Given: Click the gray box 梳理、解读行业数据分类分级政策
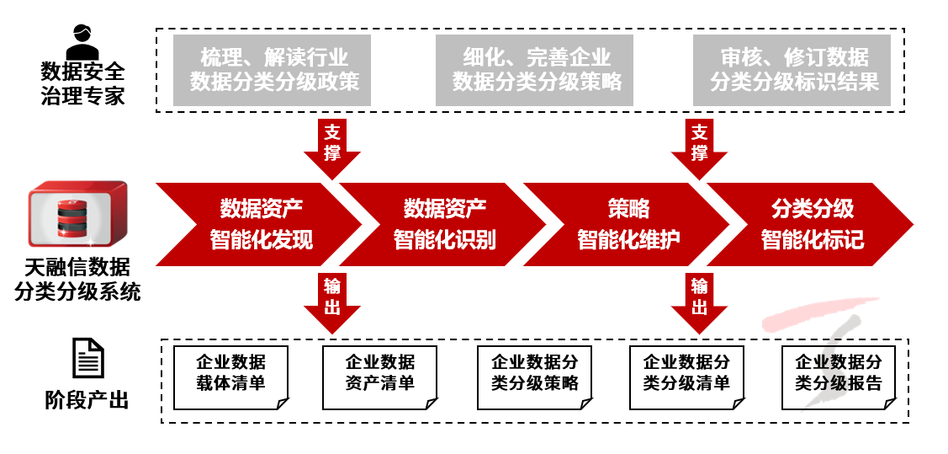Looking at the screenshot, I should click(273, 70).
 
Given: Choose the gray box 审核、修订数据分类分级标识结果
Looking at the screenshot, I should click(792, 70).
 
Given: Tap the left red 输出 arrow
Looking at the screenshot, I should click(333, 301).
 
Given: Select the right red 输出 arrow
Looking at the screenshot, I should click(699, 301).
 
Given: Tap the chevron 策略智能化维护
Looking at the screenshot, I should click(628, 224).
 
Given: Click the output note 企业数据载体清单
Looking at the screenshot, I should click(230, 372).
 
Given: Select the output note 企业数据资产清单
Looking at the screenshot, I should click(380, 372).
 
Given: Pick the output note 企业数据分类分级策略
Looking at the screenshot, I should click(533, 372).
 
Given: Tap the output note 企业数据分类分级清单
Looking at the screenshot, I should click(686, 372).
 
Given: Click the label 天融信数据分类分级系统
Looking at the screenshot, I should click(77, 280).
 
